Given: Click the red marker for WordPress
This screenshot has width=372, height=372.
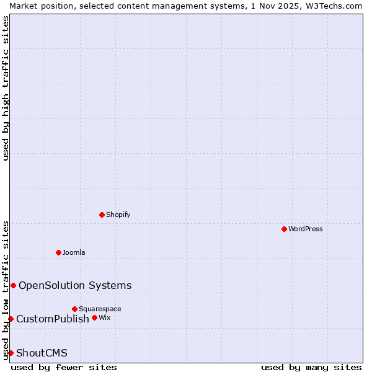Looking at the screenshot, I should tap(284, 229).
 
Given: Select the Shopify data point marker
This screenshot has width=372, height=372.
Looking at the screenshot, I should tap(102, 215).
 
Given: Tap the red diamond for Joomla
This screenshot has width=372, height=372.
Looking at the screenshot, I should tap(59, 252).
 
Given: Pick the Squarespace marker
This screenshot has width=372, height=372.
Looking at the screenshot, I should tap(75, 309).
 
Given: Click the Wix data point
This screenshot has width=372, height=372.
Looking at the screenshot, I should tap(94, 317).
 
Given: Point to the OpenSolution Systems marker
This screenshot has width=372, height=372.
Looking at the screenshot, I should tap(13, 285).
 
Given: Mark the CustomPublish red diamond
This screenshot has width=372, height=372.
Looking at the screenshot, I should tap(11, 319).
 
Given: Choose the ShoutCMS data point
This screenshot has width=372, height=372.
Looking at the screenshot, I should tap(11, 353).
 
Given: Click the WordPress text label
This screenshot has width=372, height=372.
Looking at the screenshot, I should tap(306, 229).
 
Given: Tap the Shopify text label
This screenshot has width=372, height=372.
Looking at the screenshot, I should tap(118, 215).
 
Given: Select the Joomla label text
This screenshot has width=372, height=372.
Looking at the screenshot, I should tap(74, 252).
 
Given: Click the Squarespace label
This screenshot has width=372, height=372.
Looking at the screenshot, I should tap(100, 309).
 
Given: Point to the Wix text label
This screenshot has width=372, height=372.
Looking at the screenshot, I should tap(104, 317).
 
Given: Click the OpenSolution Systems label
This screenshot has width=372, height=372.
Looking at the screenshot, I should tap(75, 285).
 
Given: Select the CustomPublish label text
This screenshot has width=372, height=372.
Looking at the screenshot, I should tap(53, 319).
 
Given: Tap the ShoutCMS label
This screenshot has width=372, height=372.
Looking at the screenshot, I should tap(42, 353).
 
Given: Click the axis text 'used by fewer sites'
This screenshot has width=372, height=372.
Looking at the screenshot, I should tap(64, 367).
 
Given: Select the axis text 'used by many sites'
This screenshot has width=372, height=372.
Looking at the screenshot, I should tap(311, 367).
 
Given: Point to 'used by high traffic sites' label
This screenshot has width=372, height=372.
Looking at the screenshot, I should tap(6, 88).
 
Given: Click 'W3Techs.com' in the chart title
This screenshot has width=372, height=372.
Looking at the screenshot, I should tap(334, 6).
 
